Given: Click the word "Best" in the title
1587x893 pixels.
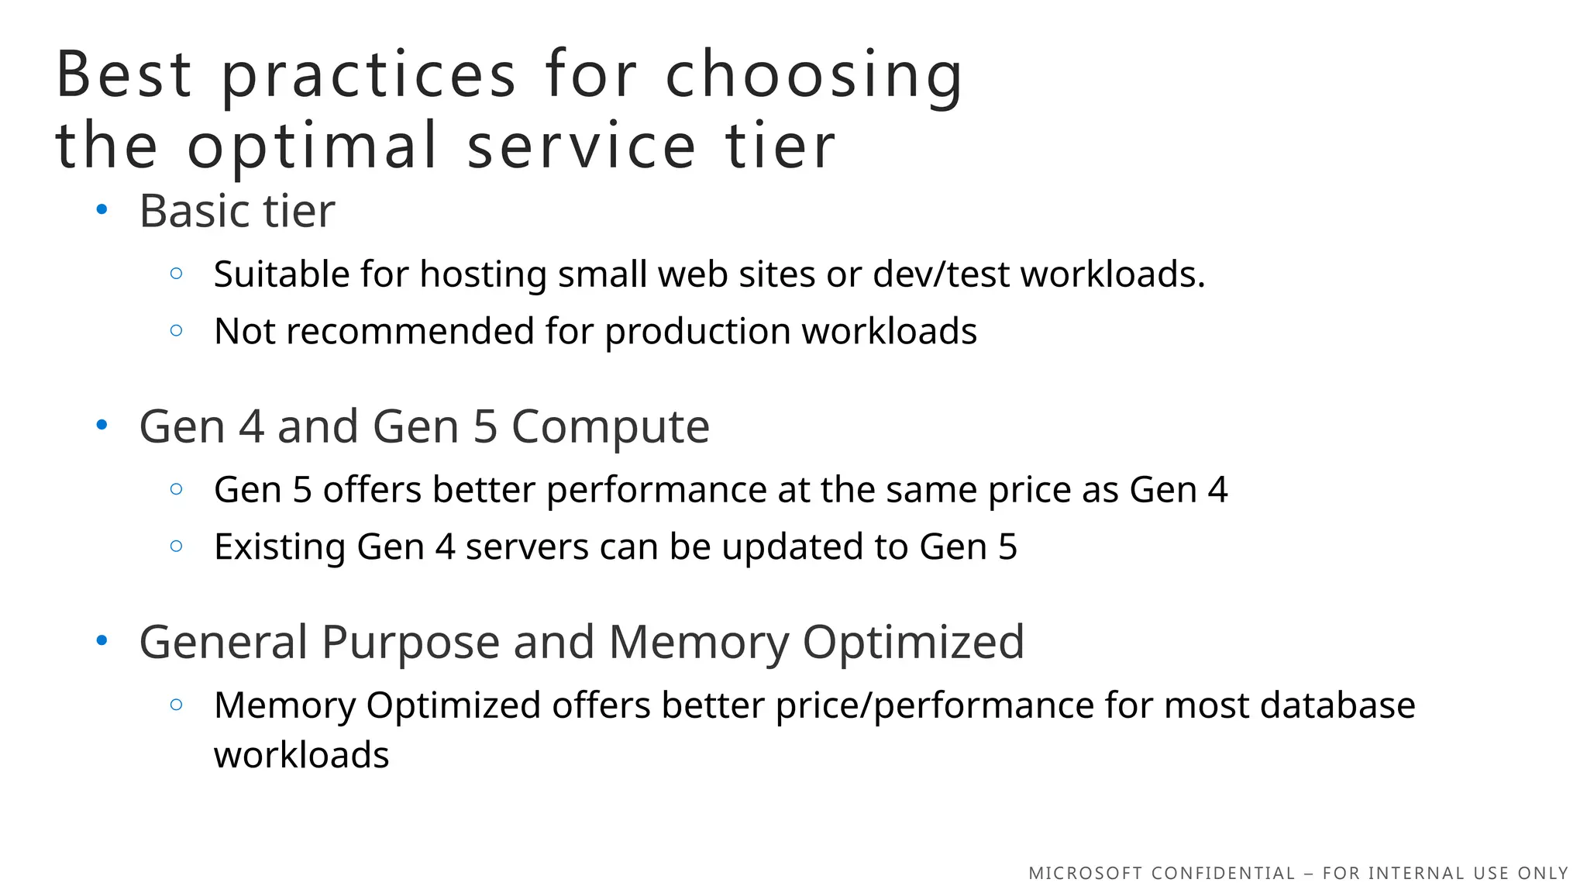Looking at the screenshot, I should [x=124, y=74].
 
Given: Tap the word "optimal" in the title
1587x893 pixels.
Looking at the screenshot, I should [x=312, y=146].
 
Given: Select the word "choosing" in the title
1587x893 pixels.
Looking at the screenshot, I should [x=814, y=74].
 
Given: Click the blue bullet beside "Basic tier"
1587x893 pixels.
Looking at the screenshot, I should [x=102, y=209].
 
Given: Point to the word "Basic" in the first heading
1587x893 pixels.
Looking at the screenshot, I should [x=195, y=211].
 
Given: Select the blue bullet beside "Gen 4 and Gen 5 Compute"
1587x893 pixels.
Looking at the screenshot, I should [x=102, y=424].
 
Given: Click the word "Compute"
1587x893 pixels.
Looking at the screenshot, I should [x=610, y=427].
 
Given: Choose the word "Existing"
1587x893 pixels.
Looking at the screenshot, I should [x=279, y=547].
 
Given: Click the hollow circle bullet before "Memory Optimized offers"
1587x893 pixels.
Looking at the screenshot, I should [x=177, y=705].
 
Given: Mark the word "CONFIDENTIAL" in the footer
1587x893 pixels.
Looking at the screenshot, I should [x=1223, y=874].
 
